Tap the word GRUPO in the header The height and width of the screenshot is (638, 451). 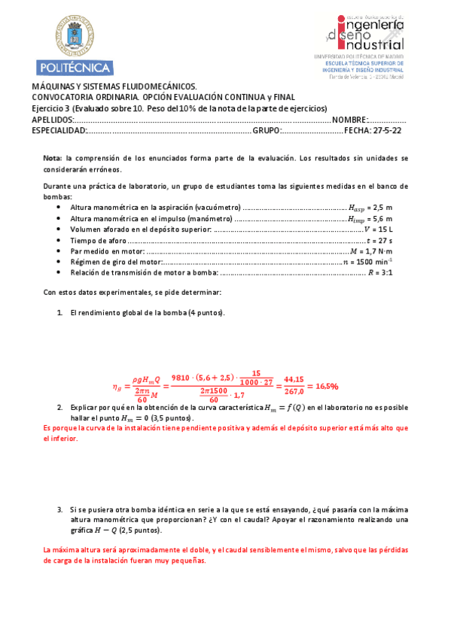(x=267, y=130)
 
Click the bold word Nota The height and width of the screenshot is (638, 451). (x=52, y=158)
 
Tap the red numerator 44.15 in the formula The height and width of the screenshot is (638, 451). (x=294, y=380)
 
